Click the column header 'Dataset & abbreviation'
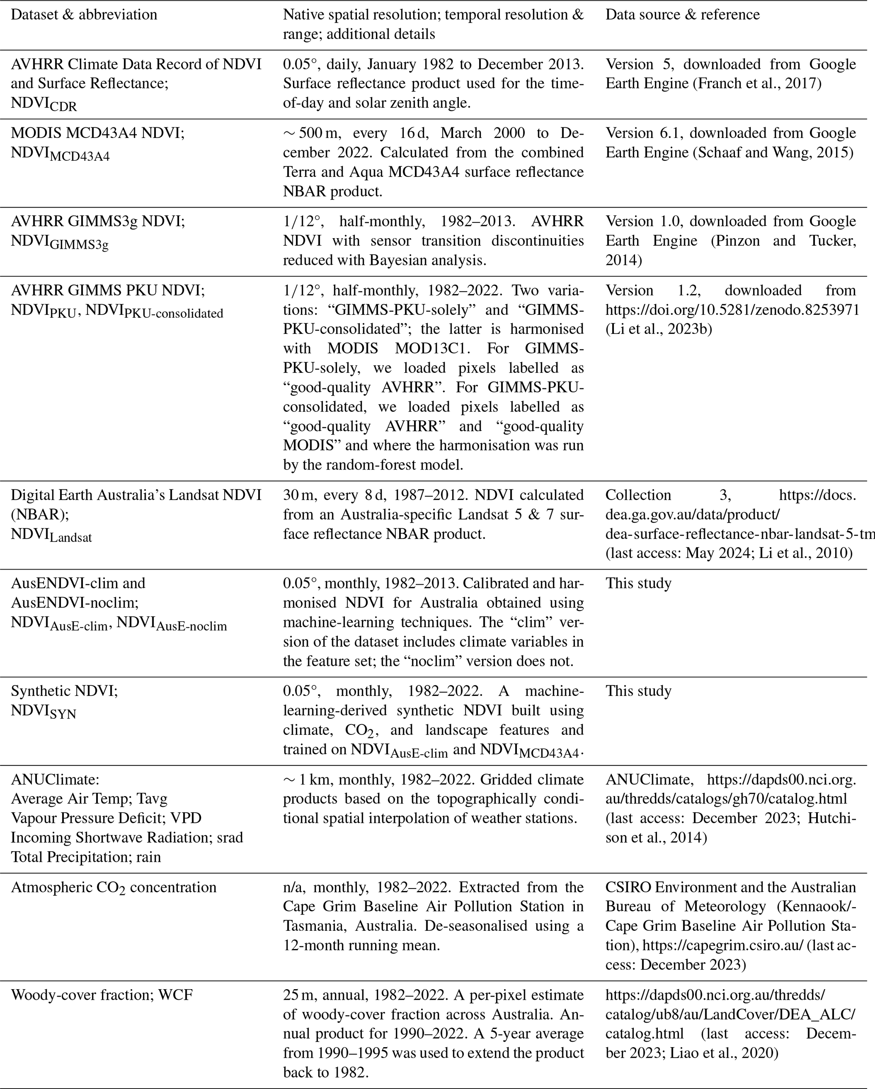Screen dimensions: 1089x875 tap(84, 15)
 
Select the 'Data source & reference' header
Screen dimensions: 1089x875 tap(682, 15)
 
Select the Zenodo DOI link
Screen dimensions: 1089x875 tap(732, 310)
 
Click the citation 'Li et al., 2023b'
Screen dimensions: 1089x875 tap(659, 329)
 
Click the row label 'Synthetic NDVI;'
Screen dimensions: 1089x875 tap(64, 691)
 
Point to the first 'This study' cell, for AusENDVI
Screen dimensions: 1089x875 tap(638, 583)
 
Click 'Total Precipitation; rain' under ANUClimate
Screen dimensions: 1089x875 tap(86, 857)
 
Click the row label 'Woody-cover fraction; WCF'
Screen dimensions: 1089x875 tap(102, 995)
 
